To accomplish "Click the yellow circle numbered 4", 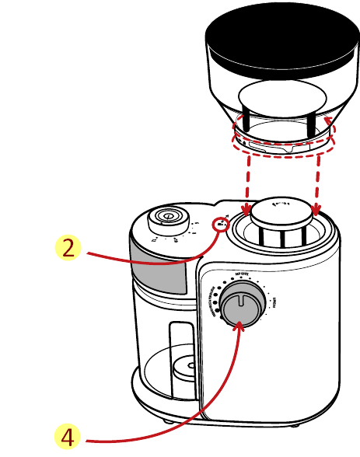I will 68,436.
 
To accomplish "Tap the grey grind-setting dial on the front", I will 240,305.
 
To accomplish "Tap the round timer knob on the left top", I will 166,217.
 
